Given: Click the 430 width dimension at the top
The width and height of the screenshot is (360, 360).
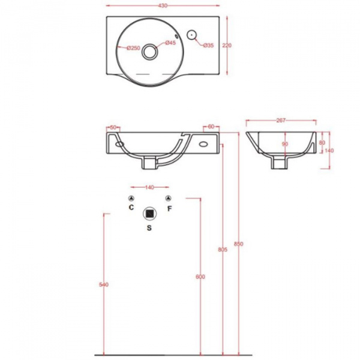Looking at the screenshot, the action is [163, 6].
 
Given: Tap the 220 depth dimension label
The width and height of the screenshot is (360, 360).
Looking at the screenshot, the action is [227, 46].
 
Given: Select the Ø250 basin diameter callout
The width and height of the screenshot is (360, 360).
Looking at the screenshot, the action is [133, 48].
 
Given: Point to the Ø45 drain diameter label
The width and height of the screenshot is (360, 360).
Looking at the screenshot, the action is [170, 43].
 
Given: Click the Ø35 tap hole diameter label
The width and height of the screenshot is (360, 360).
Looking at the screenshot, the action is [208, 46].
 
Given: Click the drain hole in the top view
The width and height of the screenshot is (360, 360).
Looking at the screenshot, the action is [149, 52].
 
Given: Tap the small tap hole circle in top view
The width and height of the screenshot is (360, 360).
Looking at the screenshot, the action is [191, 35].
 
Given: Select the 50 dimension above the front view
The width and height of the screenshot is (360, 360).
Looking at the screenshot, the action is [113, 127].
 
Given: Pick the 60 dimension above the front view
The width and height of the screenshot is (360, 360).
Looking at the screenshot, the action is [211, 127].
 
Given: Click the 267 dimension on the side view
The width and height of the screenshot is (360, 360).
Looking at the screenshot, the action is [281, 121].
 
